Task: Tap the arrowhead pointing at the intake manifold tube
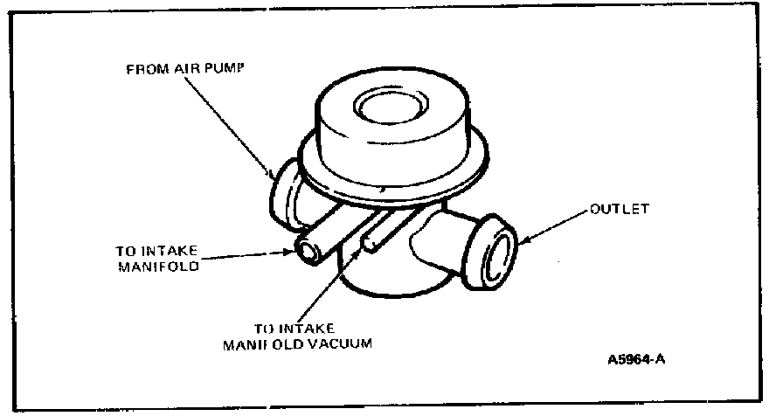click(293, 253)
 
